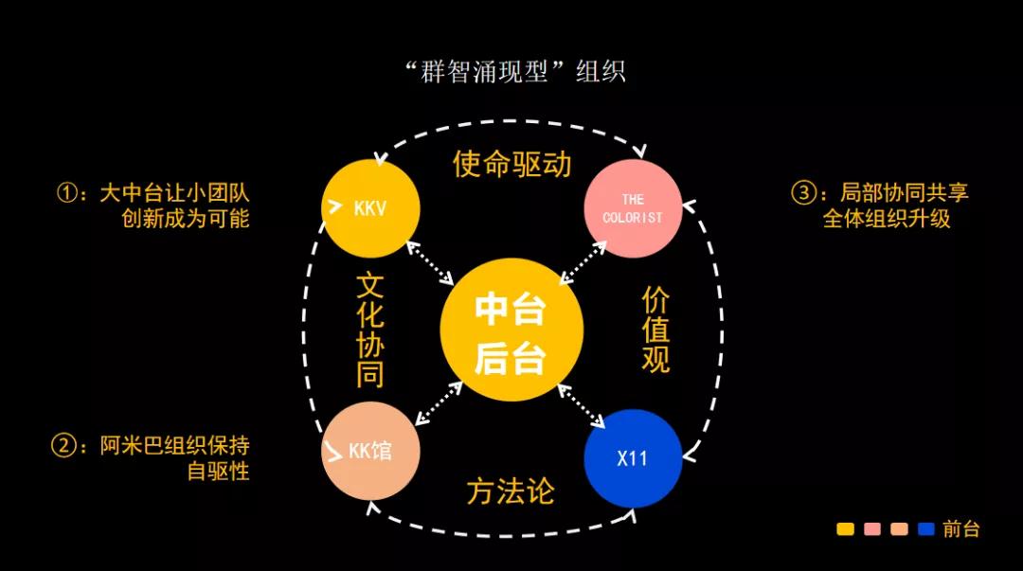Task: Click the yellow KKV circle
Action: click(x=370, y=208)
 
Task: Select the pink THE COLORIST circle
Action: click(x=632, y=208)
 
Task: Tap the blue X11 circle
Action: click(x=632, y=458)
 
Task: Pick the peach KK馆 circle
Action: click(x=370, y=451)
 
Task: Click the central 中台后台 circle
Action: click(x=511, y=330)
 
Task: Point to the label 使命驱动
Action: click(x=512, y=163)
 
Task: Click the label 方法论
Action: click(x=511, y=491)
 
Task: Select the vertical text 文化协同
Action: click(x=370, y=330)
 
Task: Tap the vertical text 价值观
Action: click(x=655, y=330)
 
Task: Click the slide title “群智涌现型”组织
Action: click(x=514, y=71)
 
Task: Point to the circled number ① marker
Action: click(x=68, y=193)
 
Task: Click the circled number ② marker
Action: click(x=63, y=446)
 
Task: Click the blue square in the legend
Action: click(x=925, y=528)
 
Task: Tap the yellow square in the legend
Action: click(x=846, y=528)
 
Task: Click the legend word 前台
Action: click(x=961, y=528)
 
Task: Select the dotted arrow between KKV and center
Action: click(x=430, y=263)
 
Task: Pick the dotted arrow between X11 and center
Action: click(x=582, y=406)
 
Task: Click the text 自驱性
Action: click(x=218, y=471)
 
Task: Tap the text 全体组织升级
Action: click(x=886, y=219)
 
